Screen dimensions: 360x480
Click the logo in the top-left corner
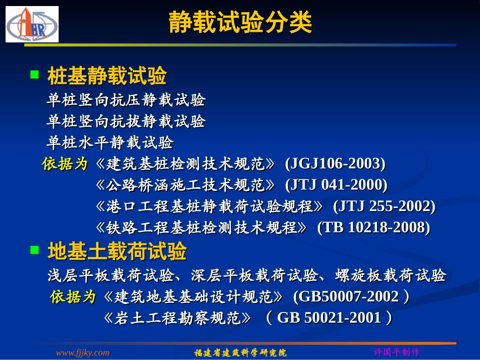32,24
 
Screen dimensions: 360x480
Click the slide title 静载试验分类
240,23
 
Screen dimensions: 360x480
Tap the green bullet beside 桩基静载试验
34,75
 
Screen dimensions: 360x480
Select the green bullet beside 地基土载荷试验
34,249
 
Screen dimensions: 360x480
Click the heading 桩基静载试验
107,76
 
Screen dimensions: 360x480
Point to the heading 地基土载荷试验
117,251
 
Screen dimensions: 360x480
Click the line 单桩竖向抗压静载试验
126,100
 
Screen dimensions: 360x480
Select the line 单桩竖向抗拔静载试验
126,122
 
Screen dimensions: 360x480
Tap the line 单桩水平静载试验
110,143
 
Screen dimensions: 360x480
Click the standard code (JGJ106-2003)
335,164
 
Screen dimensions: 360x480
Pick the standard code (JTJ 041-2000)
336,185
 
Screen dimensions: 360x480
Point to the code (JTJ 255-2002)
384,207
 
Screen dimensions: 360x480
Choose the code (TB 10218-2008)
373,228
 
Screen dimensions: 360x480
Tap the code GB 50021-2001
329,318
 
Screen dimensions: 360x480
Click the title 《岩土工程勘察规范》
176,318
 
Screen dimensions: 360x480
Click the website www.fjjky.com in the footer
82,352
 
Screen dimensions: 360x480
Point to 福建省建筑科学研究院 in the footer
241,352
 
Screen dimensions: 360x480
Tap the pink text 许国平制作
396,352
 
